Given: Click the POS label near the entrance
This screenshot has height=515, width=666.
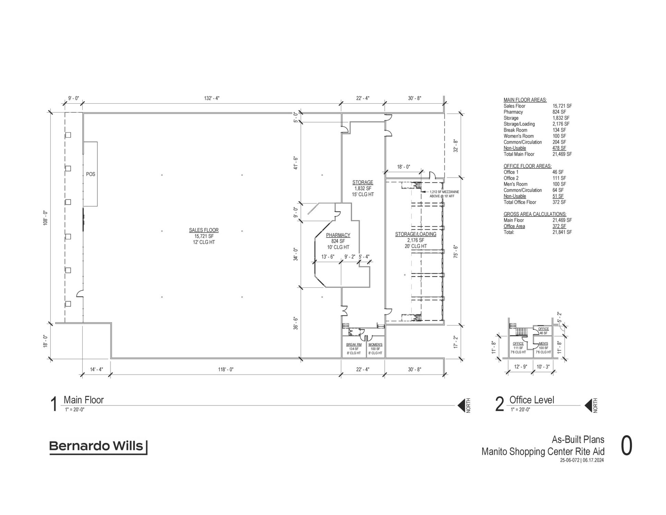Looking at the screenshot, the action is (x=91, y=174).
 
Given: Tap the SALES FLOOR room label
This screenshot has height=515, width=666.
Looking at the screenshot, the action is (x=204, y=230).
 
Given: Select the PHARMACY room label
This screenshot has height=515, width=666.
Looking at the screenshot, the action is (x=338, y=235).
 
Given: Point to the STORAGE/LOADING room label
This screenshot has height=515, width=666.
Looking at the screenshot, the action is (x=416, y=234).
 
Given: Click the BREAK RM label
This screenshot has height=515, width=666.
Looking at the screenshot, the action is (x=354, y=345).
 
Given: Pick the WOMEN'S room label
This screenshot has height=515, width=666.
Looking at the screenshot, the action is (x=376, y=345).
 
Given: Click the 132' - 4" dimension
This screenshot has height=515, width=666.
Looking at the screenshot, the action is (x=212, y=98).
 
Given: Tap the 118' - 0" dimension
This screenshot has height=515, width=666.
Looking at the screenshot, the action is (x=226, y=369).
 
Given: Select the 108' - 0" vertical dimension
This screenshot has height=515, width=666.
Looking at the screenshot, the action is (x=45, y=218).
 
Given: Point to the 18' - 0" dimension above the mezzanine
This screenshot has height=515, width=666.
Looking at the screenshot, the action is (x=404, y=167).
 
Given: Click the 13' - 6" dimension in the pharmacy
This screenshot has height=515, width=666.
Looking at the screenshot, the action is (x=328, y=257).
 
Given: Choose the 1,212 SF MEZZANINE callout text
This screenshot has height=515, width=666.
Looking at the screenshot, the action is (x=444, y=192).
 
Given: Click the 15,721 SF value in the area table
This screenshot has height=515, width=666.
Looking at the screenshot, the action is (x=562, y=106).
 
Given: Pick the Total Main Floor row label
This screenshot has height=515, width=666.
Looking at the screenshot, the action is (x=519, y=154).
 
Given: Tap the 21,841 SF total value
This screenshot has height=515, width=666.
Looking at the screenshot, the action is (x=562, y=232).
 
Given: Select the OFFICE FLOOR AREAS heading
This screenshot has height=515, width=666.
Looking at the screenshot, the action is (x=527, y=166).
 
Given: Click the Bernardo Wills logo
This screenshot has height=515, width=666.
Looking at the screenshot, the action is (x=98, y=447).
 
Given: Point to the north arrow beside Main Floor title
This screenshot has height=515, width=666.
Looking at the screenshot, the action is (x=461, y=405).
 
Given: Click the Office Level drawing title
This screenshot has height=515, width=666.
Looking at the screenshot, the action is (x=532, y=400).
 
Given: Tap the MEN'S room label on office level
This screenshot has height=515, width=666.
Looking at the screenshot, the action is (x=543, y=344).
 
